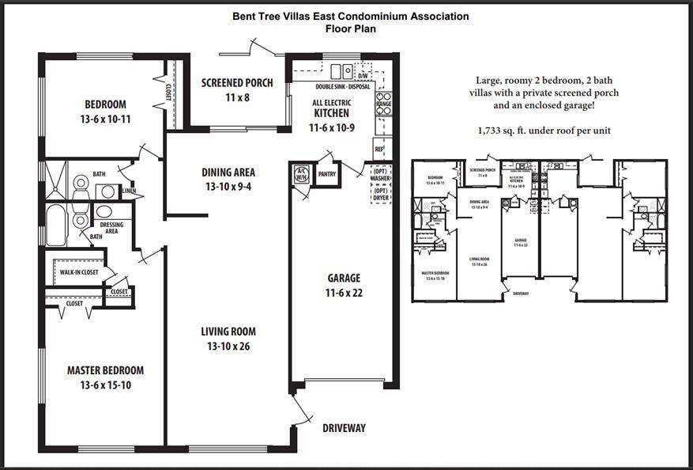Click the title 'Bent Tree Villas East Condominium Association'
350,16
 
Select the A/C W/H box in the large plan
301,174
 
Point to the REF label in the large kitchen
379,149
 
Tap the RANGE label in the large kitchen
383,104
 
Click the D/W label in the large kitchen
363,76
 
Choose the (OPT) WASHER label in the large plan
381,175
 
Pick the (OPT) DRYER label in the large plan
381,194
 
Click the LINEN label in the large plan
129,191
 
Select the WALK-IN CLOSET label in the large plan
79,273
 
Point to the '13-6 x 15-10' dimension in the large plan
105,385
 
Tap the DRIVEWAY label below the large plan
344,428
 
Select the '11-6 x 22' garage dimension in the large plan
344,293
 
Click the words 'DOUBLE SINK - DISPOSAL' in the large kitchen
342,87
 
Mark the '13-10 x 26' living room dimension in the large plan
228,347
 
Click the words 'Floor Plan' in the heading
350,28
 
